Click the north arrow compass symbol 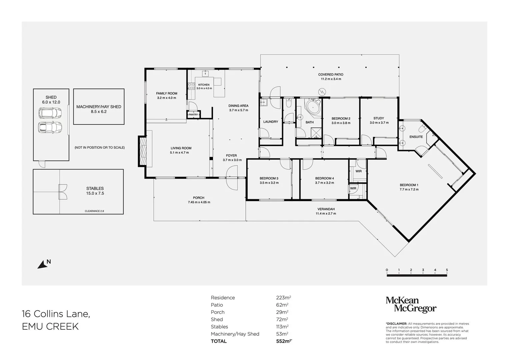[42, 265]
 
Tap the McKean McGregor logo [411, 305]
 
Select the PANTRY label [193, 115]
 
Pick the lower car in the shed [50, 127]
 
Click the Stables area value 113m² [280, 327]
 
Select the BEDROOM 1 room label [409, 185]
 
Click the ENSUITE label [416, 137]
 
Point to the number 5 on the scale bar [447, 270]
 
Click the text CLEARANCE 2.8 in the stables [94, 211]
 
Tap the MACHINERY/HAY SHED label [99, 107]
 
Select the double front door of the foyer [232, 178]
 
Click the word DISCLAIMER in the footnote [396, 324]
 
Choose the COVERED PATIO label [330, 75]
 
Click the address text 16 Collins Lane [56, 314]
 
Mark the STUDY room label [379, 118]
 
